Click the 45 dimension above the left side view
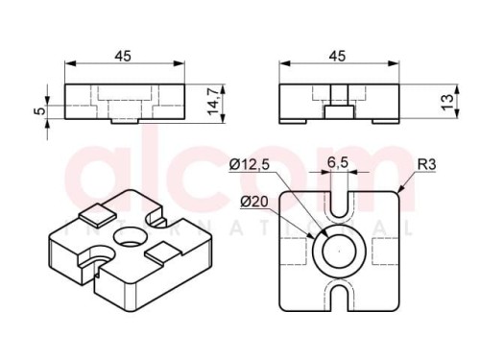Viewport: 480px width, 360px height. [x=123, y=56]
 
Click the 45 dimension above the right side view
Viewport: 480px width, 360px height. [x=338, y=56]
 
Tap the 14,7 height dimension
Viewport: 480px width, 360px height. [x=213, y=100]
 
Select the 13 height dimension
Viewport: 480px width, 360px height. [x=448, y=102]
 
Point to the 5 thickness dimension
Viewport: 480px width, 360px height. [x=39, y=111]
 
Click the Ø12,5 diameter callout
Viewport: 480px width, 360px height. [x=250, y=165]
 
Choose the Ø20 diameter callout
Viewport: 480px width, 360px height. [x=254, y=202]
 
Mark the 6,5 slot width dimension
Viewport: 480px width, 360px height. [x=338, y=162]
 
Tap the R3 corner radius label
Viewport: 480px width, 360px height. [x=427, y=164]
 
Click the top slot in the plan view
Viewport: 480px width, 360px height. [x=339, y=204]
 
